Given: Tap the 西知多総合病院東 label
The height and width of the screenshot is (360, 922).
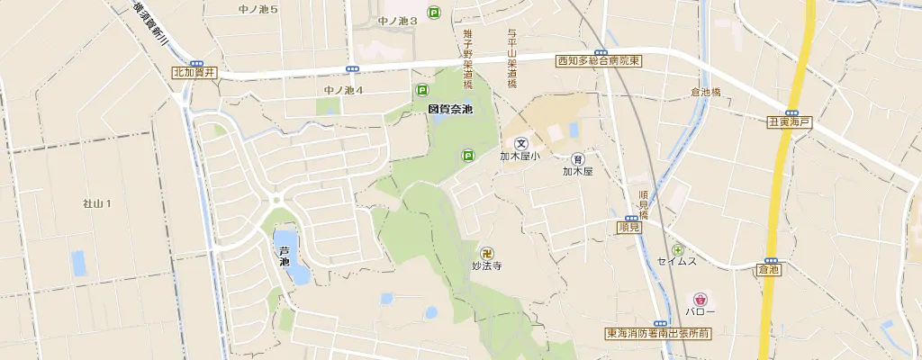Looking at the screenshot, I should [x=598, y=61].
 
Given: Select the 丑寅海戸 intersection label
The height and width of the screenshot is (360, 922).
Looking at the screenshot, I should [x=790, y=121].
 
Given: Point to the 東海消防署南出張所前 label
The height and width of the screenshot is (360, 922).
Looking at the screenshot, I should [x=658, y=333].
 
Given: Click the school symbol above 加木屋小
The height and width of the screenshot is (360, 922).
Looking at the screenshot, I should [x=520, y=143].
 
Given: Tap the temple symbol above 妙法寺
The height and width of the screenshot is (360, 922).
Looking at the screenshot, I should [x=487, y=253].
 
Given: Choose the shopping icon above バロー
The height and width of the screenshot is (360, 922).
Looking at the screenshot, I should [x=700, y=298].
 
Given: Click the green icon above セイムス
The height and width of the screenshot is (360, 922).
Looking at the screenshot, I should [x=677, y=249].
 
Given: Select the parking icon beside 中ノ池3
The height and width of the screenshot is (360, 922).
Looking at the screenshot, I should [x=434, y=13].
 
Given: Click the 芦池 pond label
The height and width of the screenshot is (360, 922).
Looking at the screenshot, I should [x=285, y=256].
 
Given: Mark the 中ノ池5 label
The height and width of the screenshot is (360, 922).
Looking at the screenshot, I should [x=258, y=9].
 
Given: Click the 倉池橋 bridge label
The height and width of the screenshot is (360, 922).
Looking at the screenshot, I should [x=706, y=92].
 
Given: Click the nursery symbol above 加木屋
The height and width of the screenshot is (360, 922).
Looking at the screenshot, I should [x=578, y=158].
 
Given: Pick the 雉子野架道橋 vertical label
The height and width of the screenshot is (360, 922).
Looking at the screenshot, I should [x=468, y=58].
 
